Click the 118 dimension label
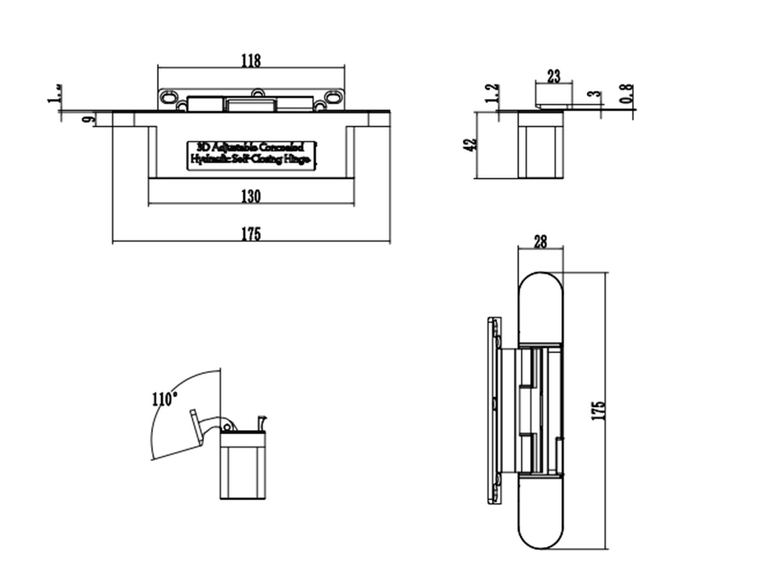[x=251, y=61]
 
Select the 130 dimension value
[x=251, y=197]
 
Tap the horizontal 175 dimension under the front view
[x=251, y=234]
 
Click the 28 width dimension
[x=540, y=241]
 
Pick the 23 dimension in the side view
[x=554, y=77]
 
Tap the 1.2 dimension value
[x=492, y=94]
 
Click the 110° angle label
[x=164, y=400]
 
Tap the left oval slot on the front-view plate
[x=169, y=97]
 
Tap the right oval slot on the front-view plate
[x=334, y=97]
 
